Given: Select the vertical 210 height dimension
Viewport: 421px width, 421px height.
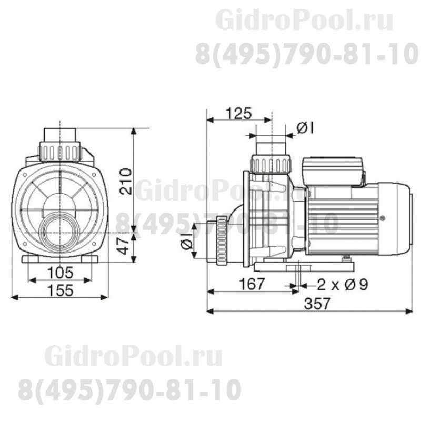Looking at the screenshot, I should point(125,182).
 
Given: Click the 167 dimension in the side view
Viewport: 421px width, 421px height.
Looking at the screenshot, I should point(250,284).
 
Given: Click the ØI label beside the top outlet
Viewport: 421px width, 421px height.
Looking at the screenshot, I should point(305,127).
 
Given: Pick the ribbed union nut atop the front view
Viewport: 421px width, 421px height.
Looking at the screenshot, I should point(60,152).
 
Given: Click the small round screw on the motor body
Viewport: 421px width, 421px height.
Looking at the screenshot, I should point(382,216).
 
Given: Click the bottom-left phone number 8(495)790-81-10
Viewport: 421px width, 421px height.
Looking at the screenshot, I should point(129,389).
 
